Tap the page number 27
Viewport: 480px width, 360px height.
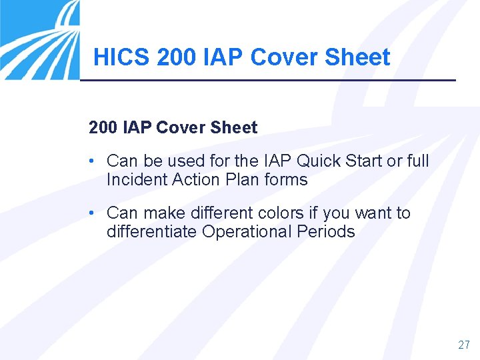pos(464,345)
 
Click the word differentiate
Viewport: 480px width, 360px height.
pos(152,231)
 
